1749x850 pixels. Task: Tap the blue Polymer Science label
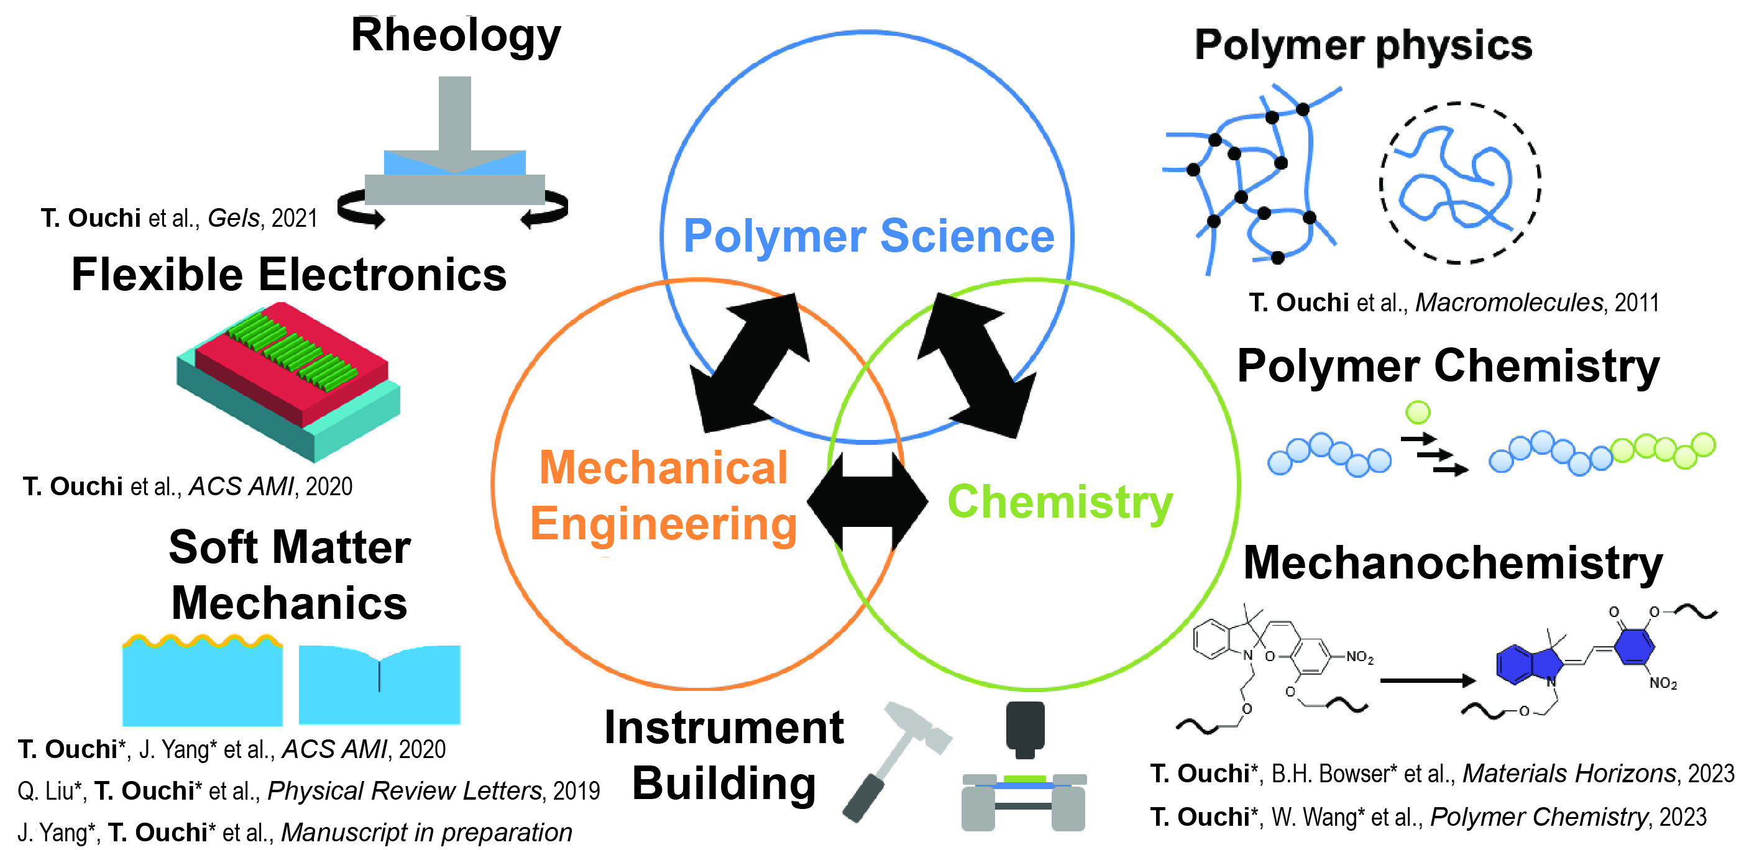[x=868, y=235]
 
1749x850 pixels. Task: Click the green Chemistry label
[x=1060, y=503]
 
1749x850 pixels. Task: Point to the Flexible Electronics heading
[x=289, y=275]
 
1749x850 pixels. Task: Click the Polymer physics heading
[x=1364, y=45]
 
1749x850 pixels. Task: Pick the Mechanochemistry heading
[x=1453, y=564]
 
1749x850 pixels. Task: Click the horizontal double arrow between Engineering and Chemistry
[x=867, y=501]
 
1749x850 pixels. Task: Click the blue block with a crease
[x=380, y=684]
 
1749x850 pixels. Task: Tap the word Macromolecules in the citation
[x=1508, y=303]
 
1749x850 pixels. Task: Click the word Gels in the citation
[x=234, y=219]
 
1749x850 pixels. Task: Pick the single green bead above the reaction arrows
[x=1418, y=412]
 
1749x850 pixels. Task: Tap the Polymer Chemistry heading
[x=1448, y=367]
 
